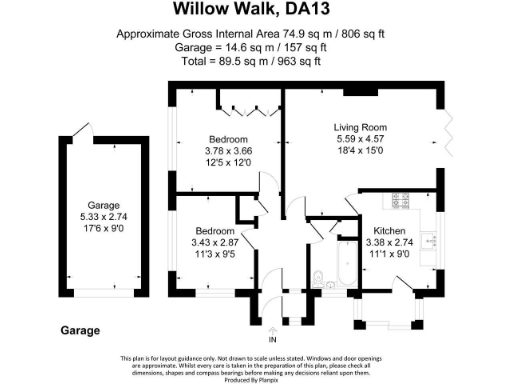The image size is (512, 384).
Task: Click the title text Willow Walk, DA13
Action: click(x=255, y=10)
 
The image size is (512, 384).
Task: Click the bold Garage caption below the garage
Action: click(x=80, y=330)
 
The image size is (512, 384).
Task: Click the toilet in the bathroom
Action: click(x=316, y=277)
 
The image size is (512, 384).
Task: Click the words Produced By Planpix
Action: click(x=255, y=377)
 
